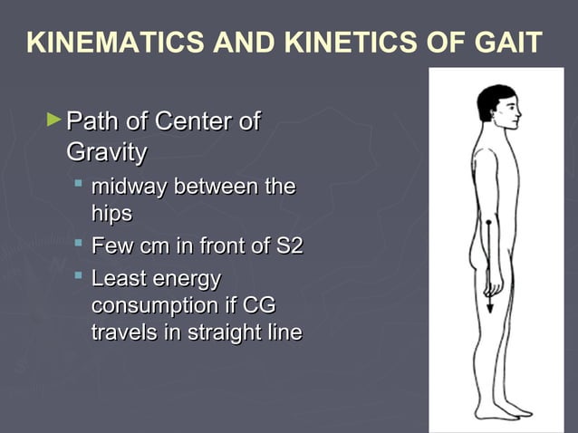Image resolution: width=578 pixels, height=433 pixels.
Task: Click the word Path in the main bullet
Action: coord(92,121)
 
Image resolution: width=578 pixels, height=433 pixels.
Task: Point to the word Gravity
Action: coord(106,152)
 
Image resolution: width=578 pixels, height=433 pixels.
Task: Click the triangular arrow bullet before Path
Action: coord(54,119)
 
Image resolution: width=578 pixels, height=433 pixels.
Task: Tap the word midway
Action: coord(129,188)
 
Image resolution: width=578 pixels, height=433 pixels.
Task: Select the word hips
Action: coord(111,214)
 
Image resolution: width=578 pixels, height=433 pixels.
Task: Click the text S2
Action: coord(286,245)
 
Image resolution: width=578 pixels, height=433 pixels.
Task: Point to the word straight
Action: coord(221,332)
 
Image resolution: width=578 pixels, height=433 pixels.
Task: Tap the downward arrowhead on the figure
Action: coord(489,308)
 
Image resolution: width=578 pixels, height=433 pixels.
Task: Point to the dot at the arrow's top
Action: coord(489,222)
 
